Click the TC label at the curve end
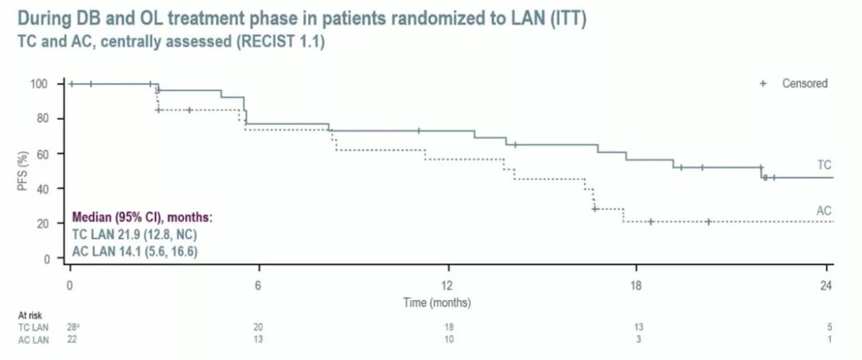click(824, 164)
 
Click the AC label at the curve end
click(824, 211)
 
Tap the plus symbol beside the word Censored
click(763, 83)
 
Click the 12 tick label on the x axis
click(448, 287)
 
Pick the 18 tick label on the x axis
click(636, 287)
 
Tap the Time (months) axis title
click(437, 303)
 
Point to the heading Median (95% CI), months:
click(142, 216)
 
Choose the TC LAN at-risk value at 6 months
click(259, 327)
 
